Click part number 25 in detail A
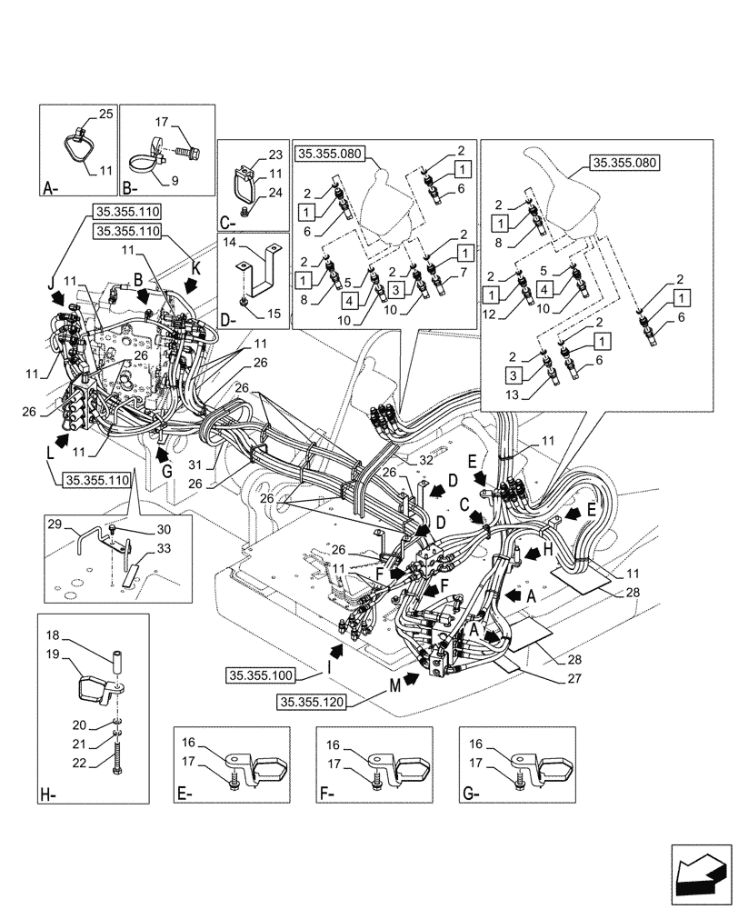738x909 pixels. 105,115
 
